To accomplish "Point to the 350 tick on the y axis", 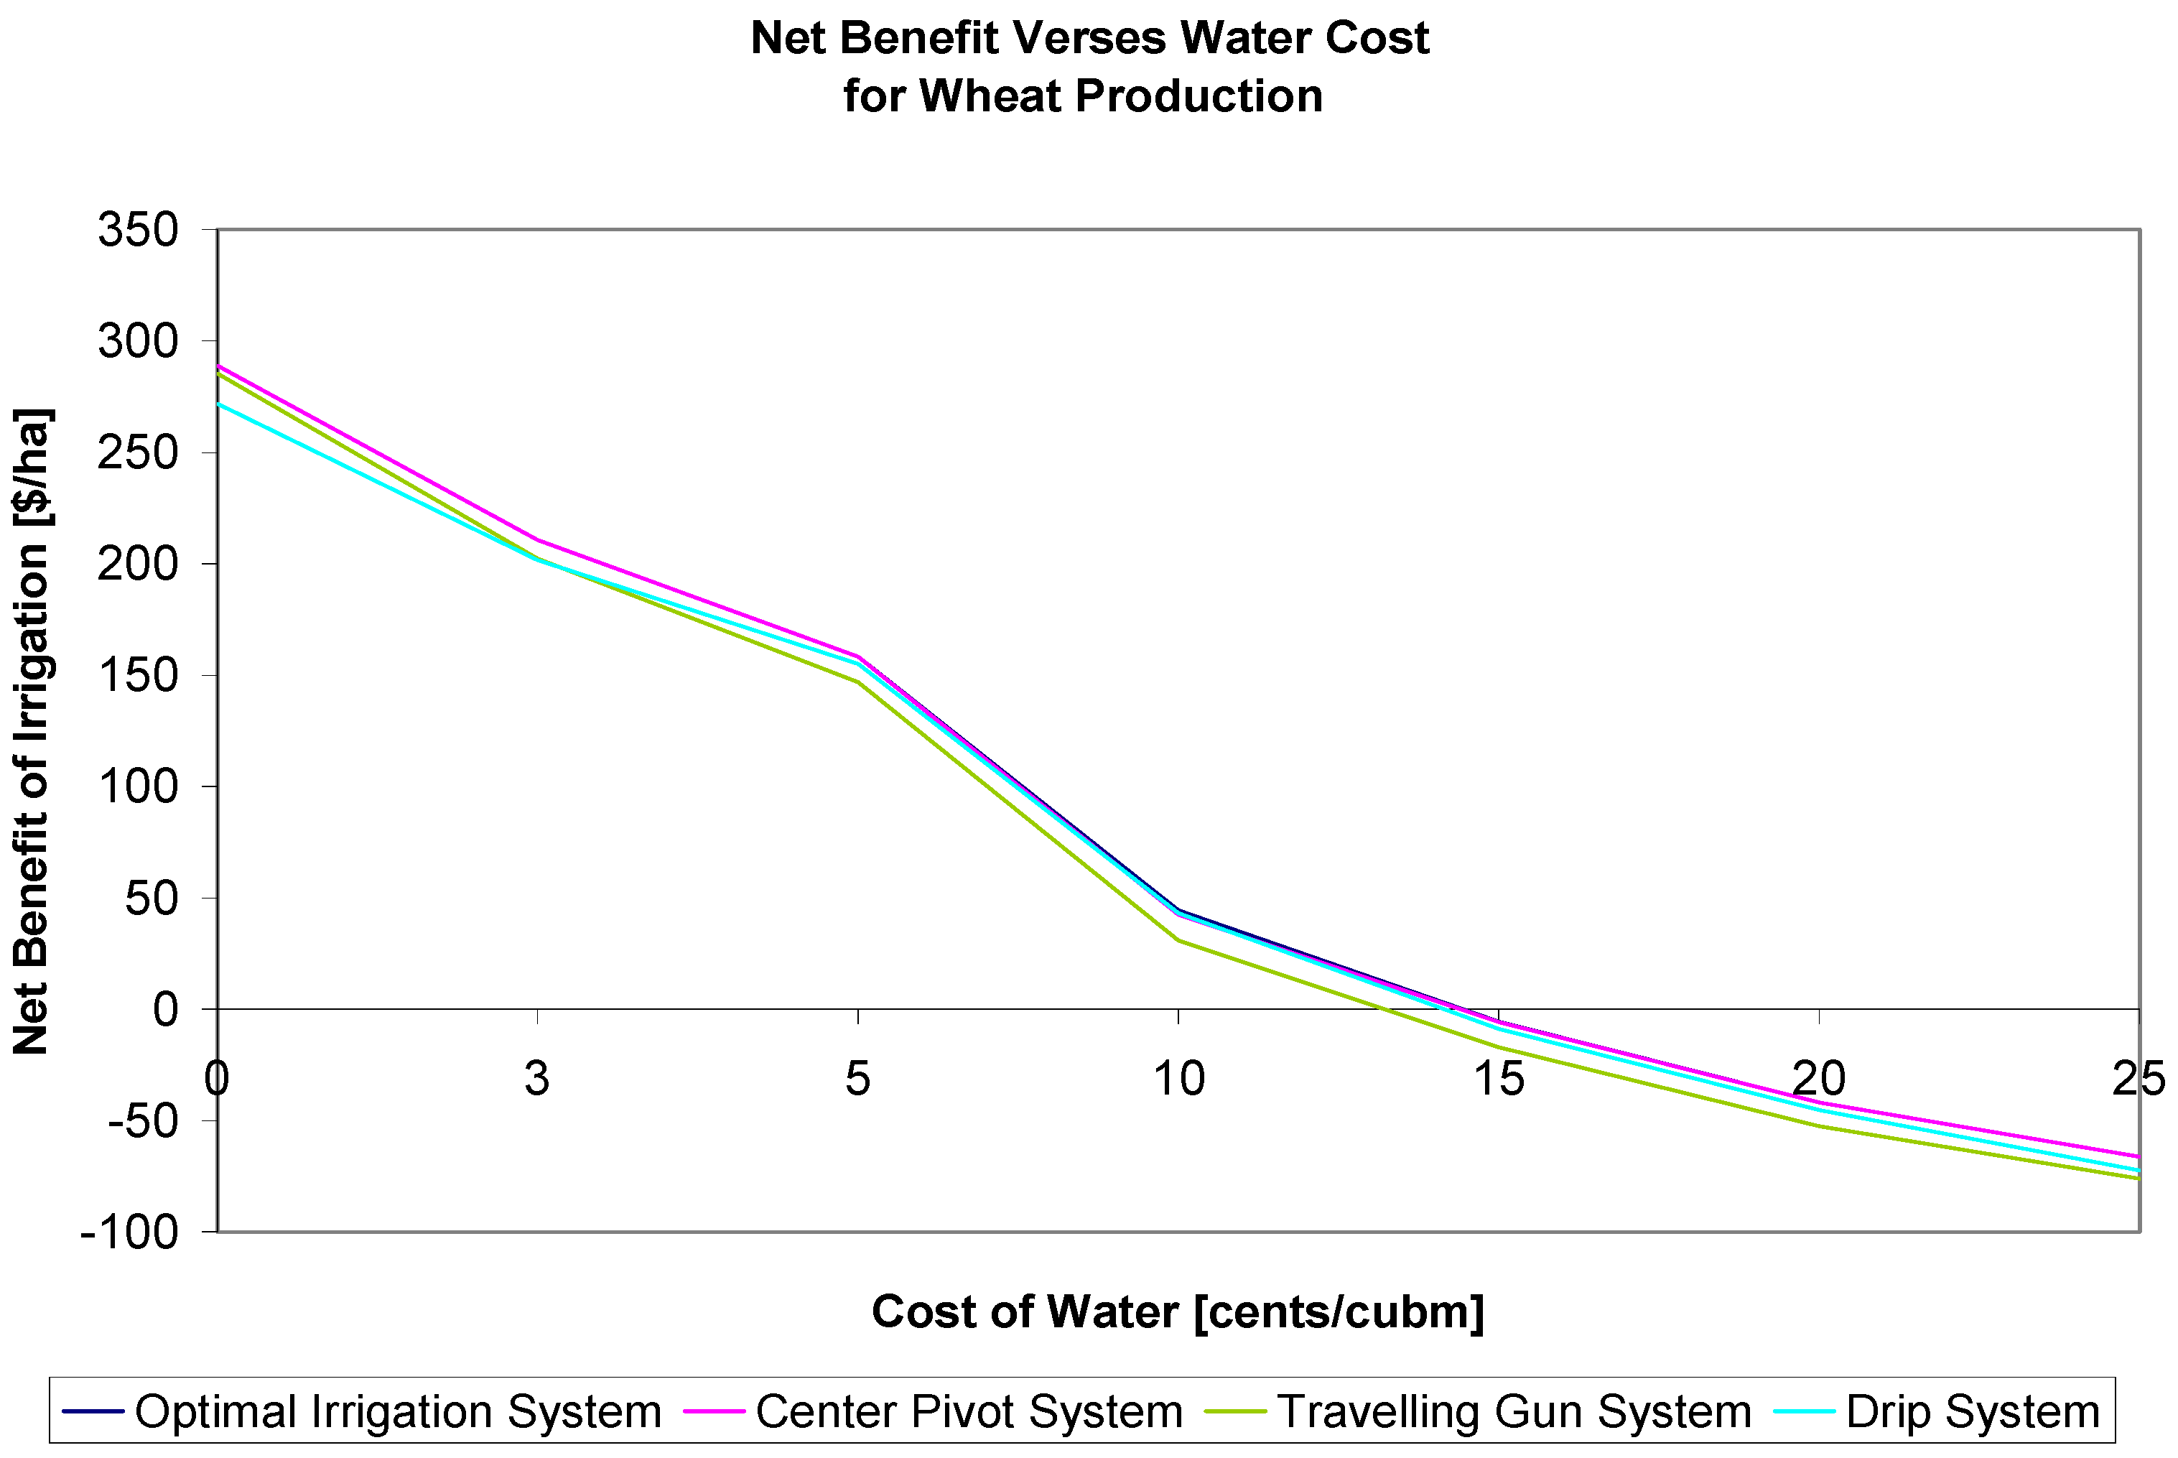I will tap(138, 230).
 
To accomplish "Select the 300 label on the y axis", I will tap(138, 341).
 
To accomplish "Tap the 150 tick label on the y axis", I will tap(138, 675).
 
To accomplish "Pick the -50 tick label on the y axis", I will tap(141, 1121).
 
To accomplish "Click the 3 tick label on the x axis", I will tap(536, 1079).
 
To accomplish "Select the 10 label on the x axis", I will tap(1178, 1079).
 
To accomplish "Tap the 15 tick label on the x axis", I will tap(1499, 1079).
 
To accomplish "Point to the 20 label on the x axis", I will tap(1818, 1079).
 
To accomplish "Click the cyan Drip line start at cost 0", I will tap(220, 404).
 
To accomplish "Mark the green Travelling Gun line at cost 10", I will tap(1178, 940).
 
